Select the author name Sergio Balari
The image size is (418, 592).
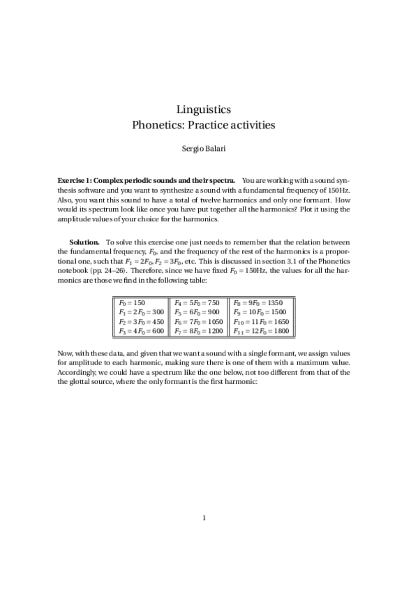209,148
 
